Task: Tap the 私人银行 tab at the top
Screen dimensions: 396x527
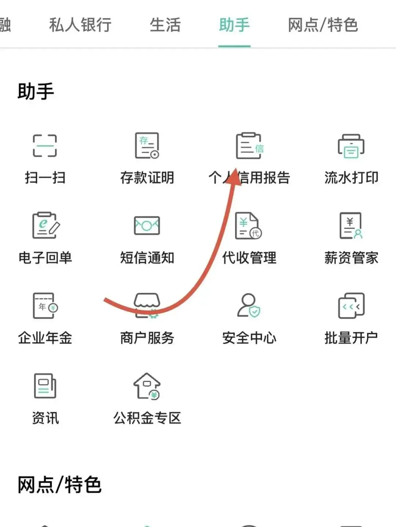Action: coord(80,25)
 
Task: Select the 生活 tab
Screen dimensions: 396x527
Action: coord(165,25)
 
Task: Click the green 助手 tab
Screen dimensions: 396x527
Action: coord(234,25)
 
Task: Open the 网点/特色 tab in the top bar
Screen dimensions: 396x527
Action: coord(323,25)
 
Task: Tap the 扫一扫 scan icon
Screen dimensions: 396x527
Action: coord(45,146)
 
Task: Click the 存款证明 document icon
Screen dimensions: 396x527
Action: coord(147,146)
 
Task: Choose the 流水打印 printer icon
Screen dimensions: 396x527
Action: coord(351,146)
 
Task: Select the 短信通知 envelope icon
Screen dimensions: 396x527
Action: coord(147,225)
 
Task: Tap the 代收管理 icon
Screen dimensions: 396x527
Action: coord(249,225)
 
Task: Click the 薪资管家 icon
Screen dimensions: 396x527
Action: coord(351,225)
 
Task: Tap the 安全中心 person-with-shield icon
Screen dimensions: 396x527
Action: coord(249,306)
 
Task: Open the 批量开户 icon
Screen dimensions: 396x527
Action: coord(351,306)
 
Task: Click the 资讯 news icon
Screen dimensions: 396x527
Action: coord(45,386)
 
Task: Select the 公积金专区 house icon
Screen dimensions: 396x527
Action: coord(147,386)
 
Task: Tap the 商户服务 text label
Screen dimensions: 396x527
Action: coord(147,338)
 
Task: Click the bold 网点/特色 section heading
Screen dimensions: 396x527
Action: coord(59,485)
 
